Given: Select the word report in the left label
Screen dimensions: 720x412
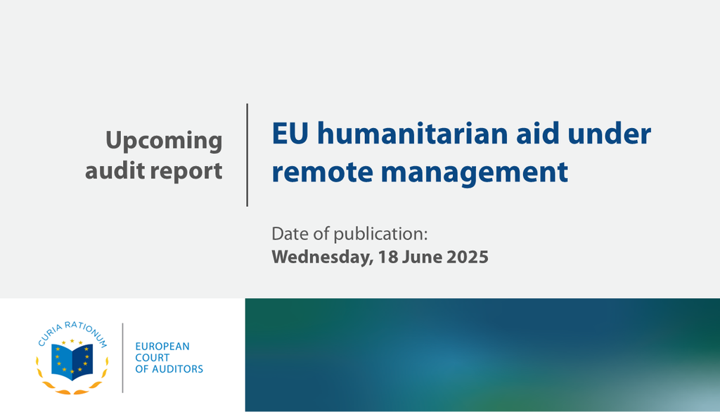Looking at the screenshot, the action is coord(186,172).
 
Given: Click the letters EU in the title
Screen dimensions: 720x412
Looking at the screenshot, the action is coord(290,134).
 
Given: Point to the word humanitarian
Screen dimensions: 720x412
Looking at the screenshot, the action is coord(413,133).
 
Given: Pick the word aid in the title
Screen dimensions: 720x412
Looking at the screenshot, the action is coord(538,133).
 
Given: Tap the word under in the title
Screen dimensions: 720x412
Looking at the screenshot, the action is coord(610,133).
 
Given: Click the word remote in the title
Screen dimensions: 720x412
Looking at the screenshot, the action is coord(322,172).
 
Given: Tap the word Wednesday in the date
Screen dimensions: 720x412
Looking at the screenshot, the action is coord(322,257).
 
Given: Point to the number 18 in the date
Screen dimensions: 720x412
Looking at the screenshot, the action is coord(388,257).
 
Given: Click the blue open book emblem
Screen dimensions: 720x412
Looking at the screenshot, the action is coord(72,361).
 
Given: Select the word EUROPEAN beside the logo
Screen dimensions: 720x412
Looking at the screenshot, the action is coord(162,347).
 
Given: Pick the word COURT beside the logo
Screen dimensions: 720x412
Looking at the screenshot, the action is coord(153,358).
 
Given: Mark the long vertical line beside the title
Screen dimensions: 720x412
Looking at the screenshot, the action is coord(247,155).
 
